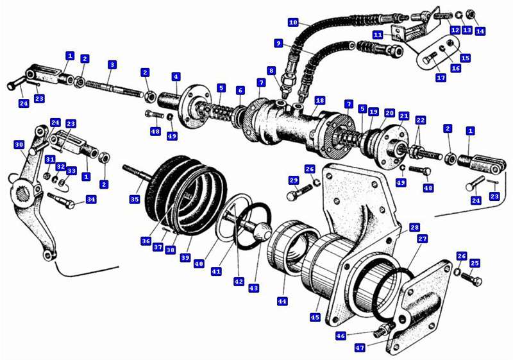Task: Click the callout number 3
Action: click(112, 64)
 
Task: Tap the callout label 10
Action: click(293, 22)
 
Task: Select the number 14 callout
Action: click(480, 31)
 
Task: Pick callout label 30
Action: click(19, 145)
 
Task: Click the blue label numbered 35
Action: click(135, 200)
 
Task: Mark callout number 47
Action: click(360, 348)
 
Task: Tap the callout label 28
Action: click(415, 228)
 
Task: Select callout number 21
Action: click(403, 116)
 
